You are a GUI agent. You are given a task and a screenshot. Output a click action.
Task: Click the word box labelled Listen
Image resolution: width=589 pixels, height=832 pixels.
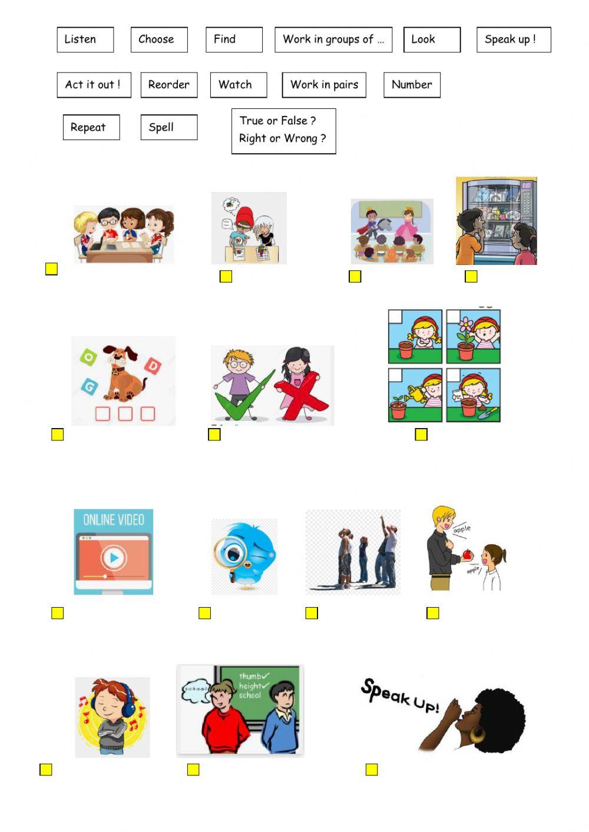[85, 39]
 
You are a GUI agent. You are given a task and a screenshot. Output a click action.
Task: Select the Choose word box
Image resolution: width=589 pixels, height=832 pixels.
[158, 39]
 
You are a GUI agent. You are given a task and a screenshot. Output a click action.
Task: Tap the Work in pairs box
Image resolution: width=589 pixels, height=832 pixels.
[324, 85]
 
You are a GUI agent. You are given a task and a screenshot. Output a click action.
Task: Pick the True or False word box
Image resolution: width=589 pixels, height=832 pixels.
[283, 131]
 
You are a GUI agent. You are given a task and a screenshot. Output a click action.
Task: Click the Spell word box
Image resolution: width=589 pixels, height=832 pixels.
[168, 127]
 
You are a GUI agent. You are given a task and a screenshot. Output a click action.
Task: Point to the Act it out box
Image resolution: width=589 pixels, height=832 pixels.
[94, 85]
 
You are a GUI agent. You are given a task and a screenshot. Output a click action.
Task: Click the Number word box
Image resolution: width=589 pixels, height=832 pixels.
[412, 85]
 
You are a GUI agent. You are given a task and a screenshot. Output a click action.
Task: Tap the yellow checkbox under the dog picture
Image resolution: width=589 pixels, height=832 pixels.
[57, 435]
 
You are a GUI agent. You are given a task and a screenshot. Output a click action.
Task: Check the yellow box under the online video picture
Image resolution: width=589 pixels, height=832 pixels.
[57, 613]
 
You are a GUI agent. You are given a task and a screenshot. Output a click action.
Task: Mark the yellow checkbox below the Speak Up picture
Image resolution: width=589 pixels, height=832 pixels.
[372, 770]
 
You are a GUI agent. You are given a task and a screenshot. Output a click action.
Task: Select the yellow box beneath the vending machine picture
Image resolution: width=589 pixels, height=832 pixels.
[471, 276]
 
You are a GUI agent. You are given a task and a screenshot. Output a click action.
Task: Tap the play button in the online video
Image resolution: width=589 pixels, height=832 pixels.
[114, 557]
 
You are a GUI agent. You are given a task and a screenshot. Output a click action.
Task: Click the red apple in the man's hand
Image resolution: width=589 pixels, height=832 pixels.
[466, 555]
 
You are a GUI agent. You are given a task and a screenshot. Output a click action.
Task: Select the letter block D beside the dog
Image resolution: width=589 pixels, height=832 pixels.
[153, 366]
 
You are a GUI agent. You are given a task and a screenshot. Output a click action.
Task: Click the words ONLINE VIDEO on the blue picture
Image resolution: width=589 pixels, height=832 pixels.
[114, 520]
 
